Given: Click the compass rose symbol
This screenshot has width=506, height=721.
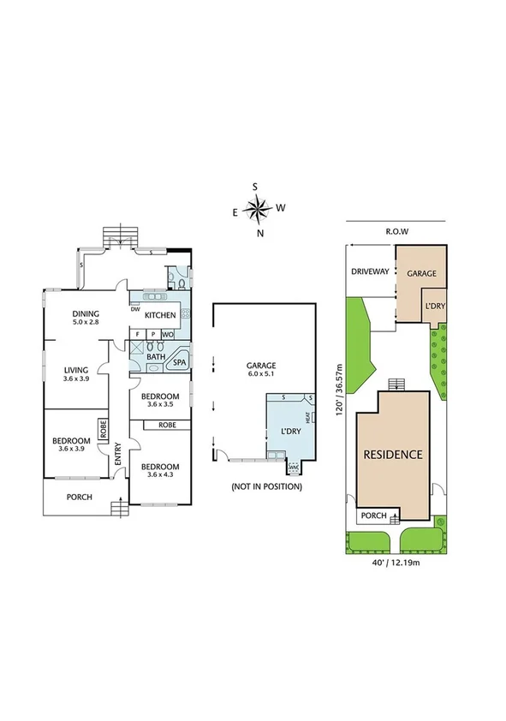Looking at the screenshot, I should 256,207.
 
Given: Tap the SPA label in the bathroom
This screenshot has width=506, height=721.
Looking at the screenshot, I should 180,363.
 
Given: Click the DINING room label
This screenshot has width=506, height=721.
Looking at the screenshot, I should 86,313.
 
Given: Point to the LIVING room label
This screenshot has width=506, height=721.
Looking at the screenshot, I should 76,370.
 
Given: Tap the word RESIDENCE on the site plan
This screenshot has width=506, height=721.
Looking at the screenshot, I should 393,455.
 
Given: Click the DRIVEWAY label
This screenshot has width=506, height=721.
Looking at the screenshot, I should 371,271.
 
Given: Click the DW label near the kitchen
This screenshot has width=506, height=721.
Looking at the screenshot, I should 135,310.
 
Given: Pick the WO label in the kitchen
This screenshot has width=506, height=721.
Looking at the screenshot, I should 169,334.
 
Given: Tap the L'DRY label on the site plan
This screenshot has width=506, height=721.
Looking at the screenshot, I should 433,307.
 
